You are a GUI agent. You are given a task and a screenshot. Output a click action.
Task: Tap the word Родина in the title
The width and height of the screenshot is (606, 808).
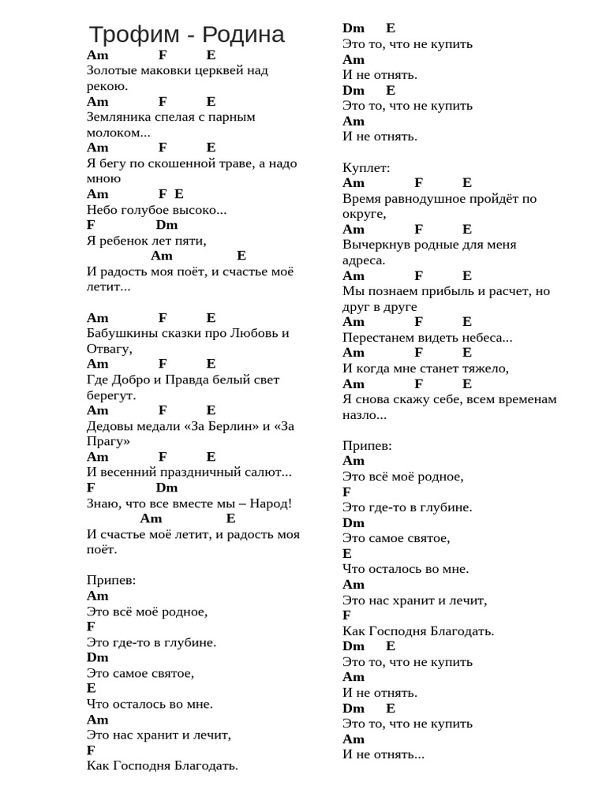(x=243, y=35)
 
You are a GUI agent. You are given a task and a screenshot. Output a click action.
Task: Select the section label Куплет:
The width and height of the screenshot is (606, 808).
(x=366, y=167)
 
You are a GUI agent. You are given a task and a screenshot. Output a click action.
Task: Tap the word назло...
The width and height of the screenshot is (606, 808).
(x=361, y=415)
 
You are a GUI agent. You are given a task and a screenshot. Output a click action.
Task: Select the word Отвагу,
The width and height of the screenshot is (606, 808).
(x=110, y=349)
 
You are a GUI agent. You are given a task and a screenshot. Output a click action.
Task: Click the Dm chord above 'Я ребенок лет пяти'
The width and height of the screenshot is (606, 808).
(x=166, y=225)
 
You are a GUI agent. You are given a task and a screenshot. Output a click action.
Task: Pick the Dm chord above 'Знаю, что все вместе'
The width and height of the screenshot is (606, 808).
(x=166, y=488)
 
